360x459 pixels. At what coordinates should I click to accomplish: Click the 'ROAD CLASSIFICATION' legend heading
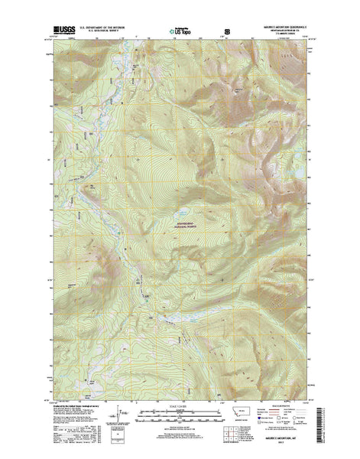pyautogui.click(x=288, y=407)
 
